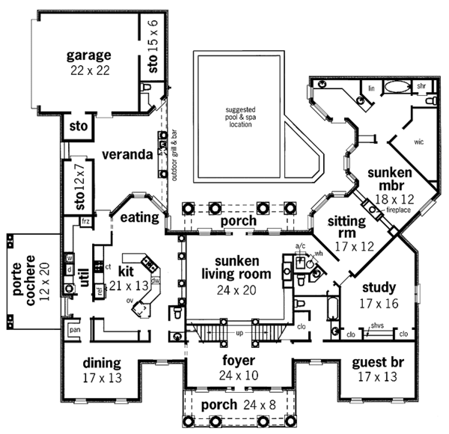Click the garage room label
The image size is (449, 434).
[88, 61]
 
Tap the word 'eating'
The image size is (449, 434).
[139, 218]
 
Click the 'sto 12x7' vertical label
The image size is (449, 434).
[81, 187]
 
